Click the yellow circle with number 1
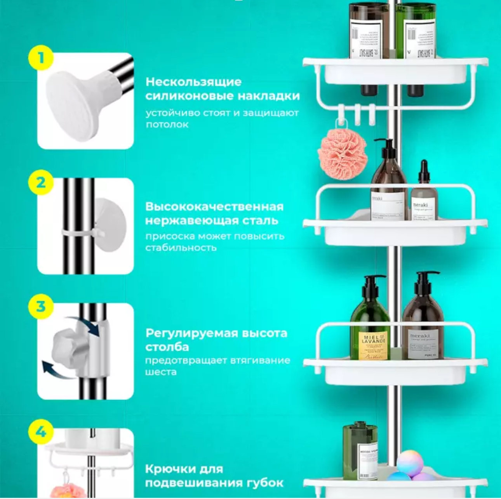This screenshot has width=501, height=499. tap(41, 58)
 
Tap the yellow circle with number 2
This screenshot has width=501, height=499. tap(41, 182)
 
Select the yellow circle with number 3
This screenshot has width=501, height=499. tap(41, 307)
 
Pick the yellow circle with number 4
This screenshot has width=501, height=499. tap(41, 431)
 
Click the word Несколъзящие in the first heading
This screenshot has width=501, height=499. tap(193, 82)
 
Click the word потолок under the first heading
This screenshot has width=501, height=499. tap(167, 125)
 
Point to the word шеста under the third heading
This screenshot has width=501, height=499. tap(161, 372)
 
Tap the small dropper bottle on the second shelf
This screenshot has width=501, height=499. tap(424, 194)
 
